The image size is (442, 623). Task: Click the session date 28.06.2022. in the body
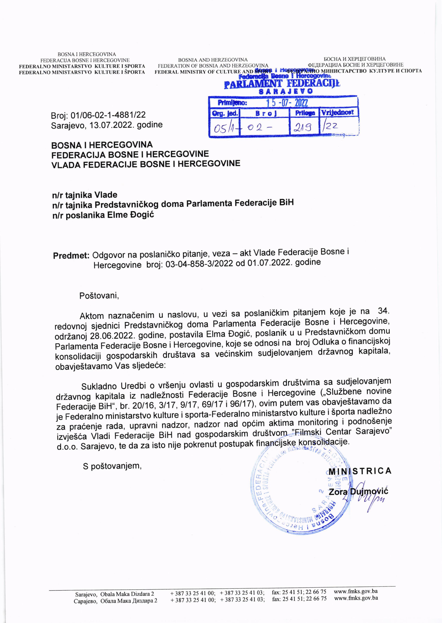pyautogui.click(x=113, y=336)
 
